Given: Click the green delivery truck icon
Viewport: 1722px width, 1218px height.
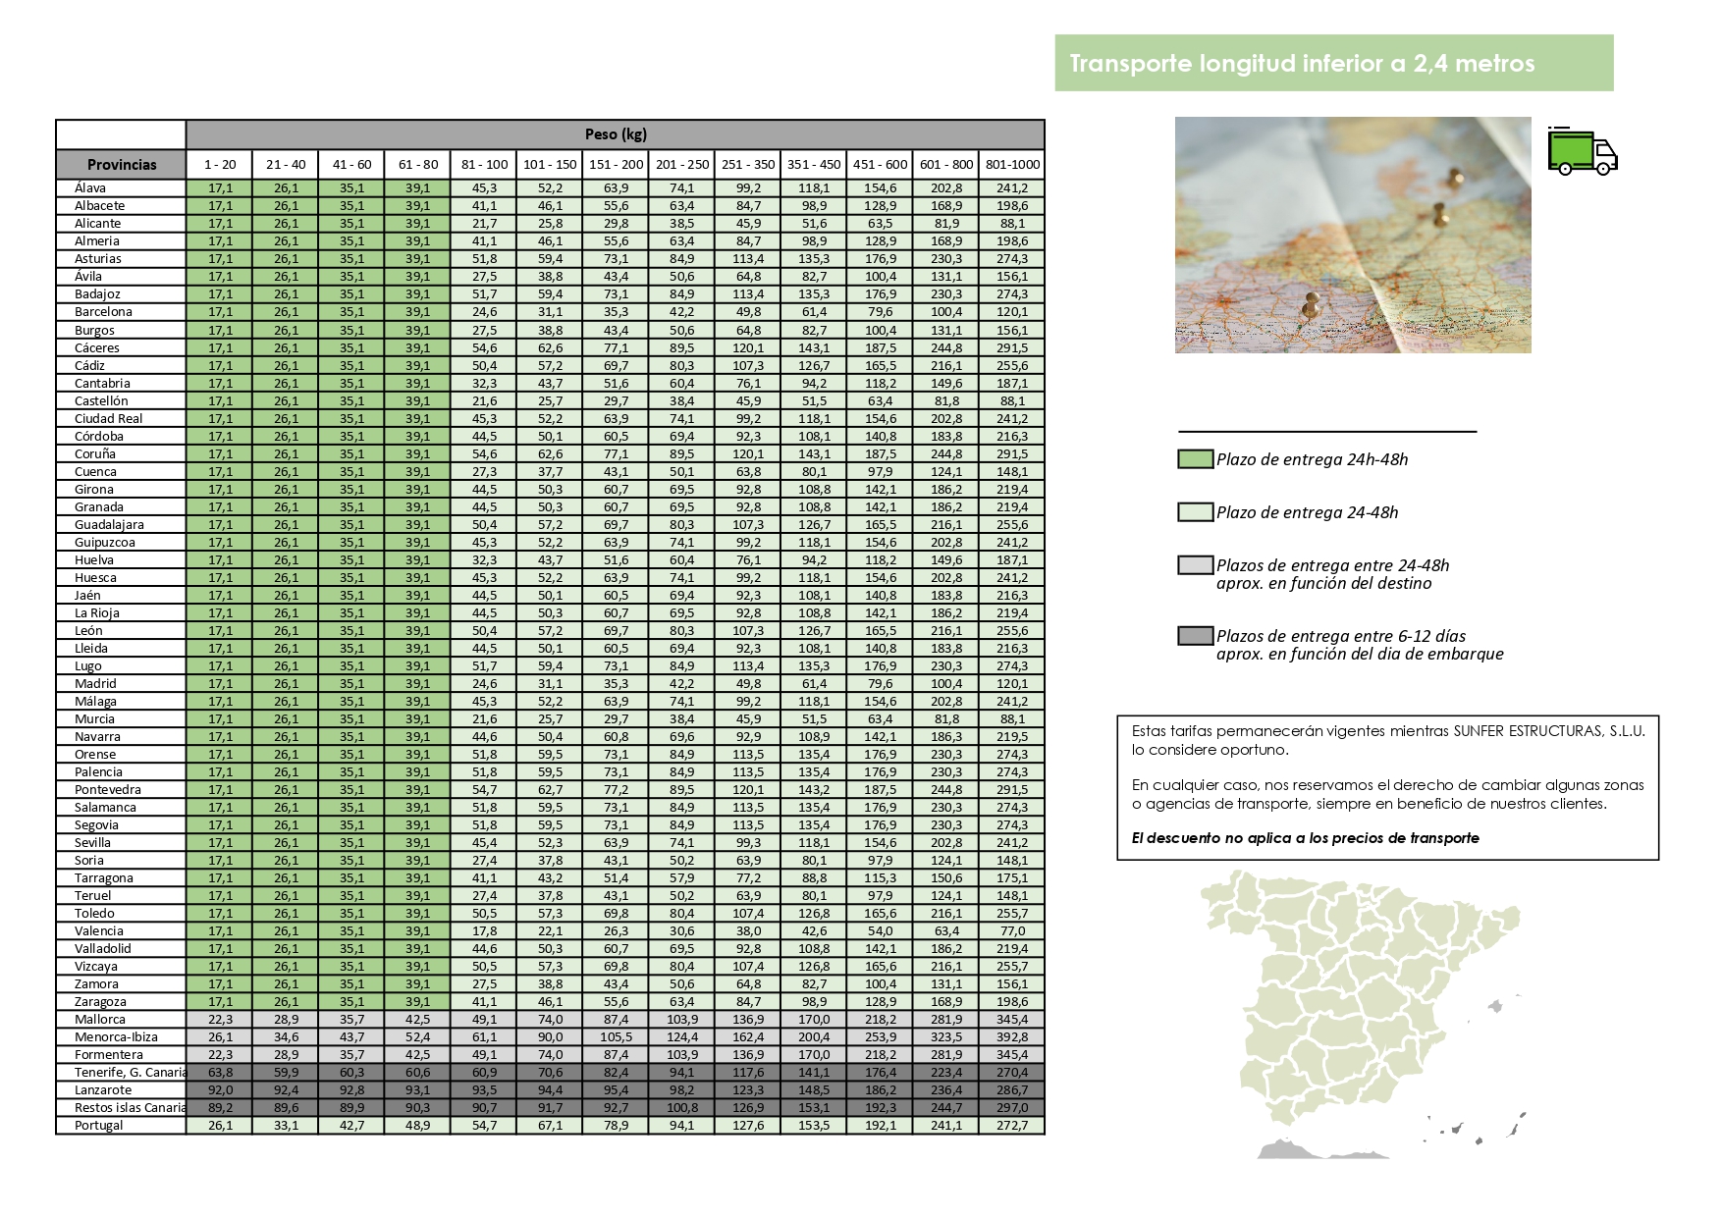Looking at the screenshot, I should coord(1582,151).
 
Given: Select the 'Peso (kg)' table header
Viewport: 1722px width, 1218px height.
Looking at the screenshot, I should coord(615,134).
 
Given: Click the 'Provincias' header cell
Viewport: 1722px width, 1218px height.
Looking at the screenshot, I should coord(122,165).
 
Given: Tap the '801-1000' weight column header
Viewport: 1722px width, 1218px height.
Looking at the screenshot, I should coord(1012,165).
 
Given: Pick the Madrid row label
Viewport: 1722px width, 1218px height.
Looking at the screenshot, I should coord(95,684).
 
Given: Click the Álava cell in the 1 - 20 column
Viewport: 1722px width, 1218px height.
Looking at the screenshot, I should coord(220,188).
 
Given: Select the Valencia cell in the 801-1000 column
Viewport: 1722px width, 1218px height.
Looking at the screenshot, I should coord(1012,931).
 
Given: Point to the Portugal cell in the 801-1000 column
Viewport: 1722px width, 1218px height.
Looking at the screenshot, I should coord(1012,1126).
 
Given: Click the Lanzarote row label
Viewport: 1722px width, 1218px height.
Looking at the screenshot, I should coord(103,1090).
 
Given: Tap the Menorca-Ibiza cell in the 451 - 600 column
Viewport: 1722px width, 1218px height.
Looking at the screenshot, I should coord(880,1037).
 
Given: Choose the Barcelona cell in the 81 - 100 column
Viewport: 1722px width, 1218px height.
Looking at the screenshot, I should coord(484,312).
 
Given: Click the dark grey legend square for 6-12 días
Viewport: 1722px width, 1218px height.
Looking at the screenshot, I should coord(1195,636).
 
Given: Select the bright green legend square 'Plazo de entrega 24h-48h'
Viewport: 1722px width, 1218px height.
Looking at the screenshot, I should coord(1195,459).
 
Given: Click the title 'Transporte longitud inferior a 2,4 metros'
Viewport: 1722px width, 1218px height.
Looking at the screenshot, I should coord(1302,64).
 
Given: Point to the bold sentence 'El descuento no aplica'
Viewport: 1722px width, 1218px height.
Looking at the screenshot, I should coord(1305,838).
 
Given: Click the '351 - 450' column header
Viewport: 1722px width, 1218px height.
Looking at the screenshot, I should coord(814,165).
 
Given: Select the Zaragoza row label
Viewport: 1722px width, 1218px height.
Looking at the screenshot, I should coord(100,1002).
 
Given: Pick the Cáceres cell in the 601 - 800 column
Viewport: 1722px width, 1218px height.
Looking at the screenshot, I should coord(946,348).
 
